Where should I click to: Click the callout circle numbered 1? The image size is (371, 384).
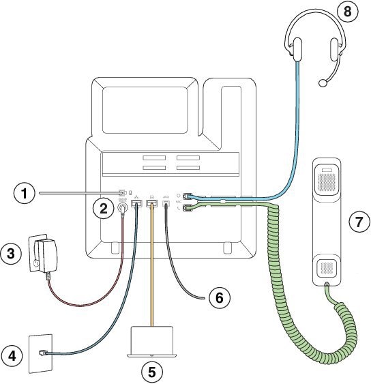[25, 194]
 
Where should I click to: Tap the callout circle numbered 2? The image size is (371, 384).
[103, 207]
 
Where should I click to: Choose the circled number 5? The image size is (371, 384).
[151, 372]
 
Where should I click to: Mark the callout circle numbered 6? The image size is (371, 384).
[219, 297]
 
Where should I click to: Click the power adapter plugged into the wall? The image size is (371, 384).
[43, 254]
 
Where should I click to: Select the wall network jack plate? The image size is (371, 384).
[40, 353]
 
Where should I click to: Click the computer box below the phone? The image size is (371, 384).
[151, 340]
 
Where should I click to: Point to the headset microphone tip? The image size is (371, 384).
[323, 83]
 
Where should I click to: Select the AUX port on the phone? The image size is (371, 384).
[166, 203]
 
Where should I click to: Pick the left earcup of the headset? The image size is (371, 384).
[297, 48]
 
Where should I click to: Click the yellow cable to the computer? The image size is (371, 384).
[152, 273]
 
